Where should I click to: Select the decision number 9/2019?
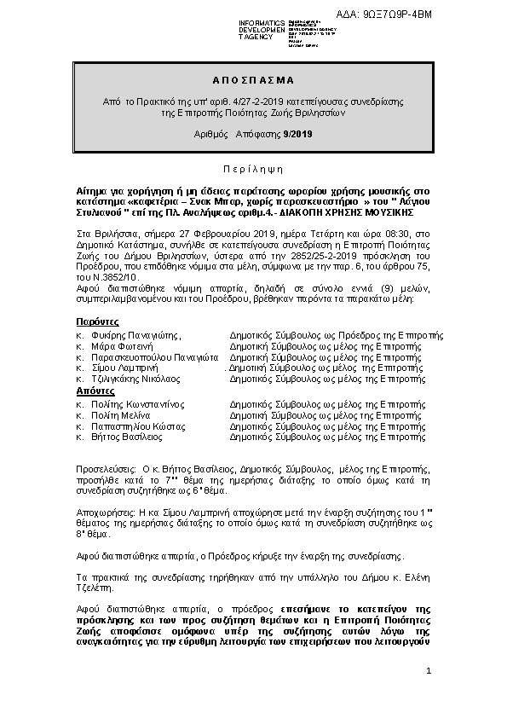click(x=297, y=134)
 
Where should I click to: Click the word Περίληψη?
click(x=252, y=159)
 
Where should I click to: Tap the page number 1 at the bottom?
click(x=429, y=674)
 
